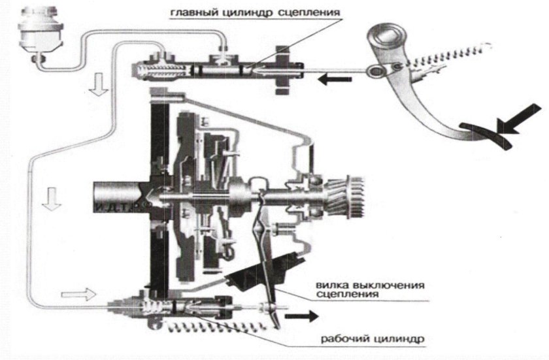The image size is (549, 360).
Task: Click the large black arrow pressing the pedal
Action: click(520, 119)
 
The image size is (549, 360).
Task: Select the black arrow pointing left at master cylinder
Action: click(335, 80)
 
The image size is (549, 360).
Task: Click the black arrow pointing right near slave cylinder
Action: click(302, 316)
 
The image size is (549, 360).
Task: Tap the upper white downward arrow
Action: click(99, 84)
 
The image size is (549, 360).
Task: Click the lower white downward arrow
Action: click(52, 199)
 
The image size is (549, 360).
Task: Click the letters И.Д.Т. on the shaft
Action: click(113, 206)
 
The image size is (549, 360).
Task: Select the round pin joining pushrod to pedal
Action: click(376, 72)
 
